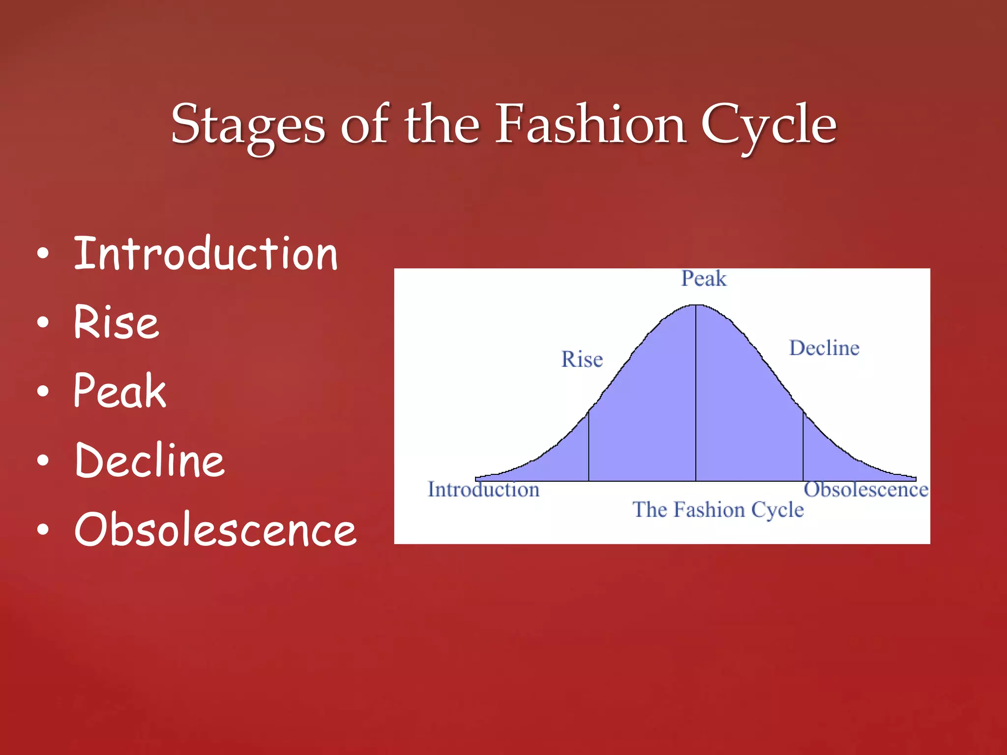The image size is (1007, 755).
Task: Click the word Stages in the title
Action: (248, 125)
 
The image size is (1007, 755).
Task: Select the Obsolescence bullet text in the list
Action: (215, 529)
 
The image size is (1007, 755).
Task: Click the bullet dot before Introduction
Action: (43, 254)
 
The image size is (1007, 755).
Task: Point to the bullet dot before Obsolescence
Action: (43, 530)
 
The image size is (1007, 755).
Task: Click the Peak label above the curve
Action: (703, 279)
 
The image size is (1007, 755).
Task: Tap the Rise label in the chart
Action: (582, 359)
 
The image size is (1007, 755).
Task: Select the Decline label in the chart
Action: (824, 348)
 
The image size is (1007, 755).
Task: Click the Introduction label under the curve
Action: (483, 490)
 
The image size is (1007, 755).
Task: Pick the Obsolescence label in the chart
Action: (866, 490)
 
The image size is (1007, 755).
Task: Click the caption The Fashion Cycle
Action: (718, 510)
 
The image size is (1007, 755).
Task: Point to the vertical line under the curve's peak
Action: (696, 393)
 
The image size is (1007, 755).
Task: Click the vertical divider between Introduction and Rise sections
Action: (589, 447)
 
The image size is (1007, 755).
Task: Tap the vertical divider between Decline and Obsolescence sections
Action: (803, 447)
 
